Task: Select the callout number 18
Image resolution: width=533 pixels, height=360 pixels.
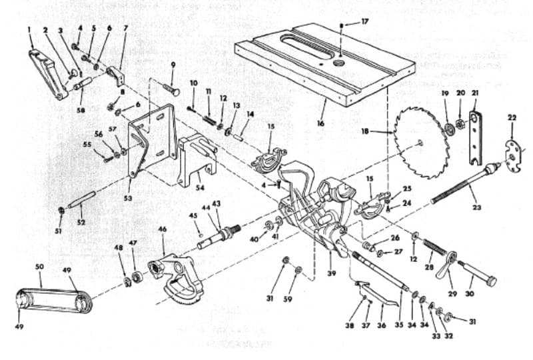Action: click(x=365, y=131)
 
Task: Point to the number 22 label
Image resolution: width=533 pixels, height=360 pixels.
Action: click(x=512, y=118)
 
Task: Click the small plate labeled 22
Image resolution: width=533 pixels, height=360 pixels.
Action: click(x=512, y=155)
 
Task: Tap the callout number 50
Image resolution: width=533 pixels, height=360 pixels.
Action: click(x=39, y=267)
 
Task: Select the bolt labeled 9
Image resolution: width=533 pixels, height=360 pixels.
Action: click(x=171, y=88)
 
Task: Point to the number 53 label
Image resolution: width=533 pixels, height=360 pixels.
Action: click(x=128, y=198)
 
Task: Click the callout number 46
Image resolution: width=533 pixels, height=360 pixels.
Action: click(x=162, y=229)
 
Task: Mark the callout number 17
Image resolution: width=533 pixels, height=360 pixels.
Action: click(x=364, y=22)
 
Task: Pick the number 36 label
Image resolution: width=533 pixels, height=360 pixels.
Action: click(x=382, y=325)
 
